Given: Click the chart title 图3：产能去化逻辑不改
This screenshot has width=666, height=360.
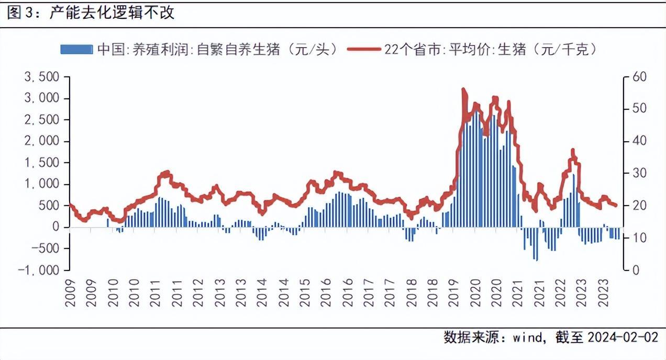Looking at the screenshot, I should tap(90, 13).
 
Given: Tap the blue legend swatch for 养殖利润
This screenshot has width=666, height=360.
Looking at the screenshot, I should tap(76, 49).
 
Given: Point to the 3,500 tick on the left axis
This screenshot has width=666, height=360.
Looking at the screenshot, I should tap(42, 77).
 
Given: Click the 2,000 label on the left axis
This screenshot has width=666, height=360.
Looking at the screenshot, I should tap(42, 141).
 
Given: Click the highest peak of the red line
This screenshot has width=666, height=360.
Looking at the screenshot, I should tap(463, 90).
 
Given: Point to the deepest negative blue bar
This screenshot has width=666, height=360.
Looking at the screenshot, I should tap(536, 260).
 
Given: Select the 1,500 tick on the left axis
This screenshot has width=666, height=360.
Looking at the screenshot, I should tap(42, 163).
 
